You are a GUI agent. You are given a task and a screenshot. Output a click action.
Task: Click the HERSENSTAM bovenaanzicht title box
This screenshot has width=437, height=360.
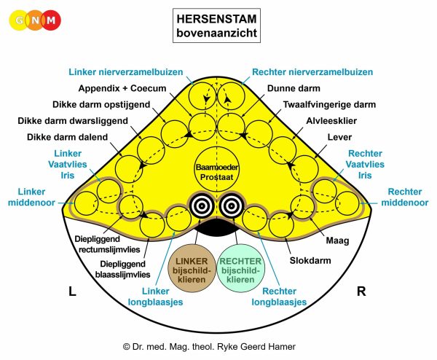pyautogui.click(x=216, y=26)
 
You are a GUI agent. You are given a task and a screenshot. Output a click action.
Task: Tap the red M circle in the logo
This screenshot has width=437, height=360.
pyautogui.click(x=51, y=20)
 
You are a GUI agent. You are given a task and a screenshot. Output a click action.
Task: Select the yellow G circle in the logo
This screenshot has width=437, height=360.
pyautogui.click(x=19, y=20)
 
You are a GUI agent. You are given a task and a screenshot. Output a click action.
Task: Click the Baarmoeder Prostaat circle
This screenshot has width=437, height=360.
pyautogui.click(x=216, y=172)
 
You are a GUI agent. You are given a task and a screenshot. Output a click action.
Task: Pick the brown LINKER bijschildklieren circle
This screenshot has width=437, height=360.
pyautogui.click(x=192, y=268)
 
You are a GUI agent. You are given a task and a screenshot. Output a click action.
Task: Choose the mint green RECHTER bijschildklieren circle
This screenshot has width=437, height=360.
pyautogui.click(x=240, y=268)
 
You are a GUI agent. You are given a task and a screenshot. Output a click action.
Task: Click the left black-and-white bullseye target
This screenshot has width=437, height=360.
pyautogui.click(x=202, y=206)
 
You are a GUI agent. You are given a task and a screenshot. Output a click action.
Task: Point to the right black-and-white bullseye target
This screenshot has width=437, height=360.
pyautogui.click(x=232, y=206)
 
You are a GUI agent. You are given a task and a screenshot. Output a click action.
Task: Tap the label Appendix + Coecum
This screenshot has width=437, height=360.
pyautogui.click(x=122, y=88)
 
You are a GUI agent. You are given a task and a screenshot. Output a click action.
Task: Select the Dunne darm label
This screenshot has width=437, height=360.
pyautogui.click(x=294, y=88)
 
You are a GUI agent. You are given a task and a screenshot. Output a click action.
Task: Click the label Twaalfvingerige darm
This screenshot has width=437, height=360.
pyautogui.click(x=329, y=104)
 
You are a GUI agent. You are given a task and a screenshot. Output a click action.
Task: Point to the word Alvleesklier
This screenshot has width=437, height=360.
pyautogui.click(x=331, y=121)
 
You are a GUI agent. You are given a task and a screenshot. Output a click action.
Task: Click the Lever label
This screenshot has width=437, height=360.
pyautogui.click(x=339, y=137)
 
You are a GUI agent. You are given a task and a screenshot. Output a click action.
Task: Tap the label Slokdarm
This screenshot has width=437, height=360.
pyautogui.click(x=310, y=260)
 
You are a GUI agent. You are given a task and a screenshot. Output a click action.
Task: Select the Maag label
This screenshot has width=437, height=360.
pyautogui.click(x=337, y=240)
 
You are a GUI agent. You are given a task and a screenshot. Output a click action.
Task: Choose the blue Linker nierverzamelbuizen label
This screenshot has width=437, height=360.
pyautogui.click(x=126, y=72)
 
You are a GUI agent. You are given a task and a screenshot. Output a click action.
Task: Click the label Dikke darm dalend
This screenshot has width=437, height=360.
pyautogui.click(x=67, y=137)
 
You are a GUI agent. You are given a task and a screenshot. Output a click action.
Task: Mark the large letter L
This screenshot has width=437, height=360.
pyautogui.click(x=72, y=291)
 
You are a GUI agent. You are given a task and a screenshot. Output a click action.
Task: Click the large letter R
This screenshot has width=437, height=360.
pyautogui.click(x=361, y=291)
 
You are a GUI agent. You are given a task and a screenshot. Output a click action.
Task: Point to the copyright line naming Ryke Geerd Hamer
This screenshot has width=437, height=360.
pyautogui.click(x=209, y=347)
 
